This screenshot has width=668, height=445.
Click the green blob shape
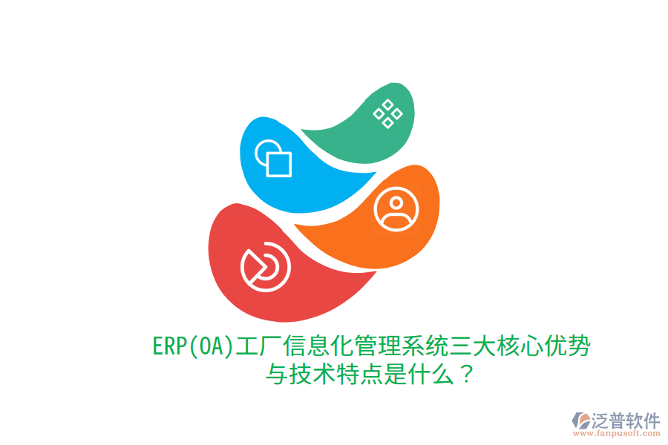point(356,137)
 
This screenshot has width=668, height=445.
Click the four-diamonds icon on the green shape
point(387,113)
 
